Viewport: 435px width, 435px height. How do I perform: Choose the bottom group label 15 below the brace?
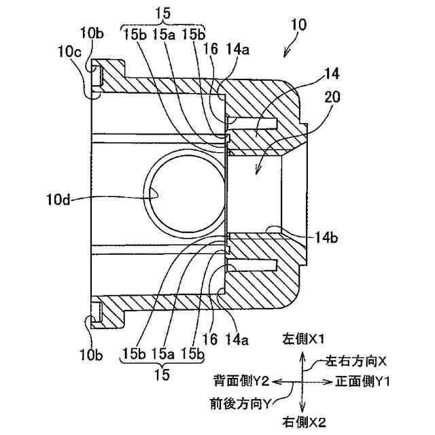tap(161, 374)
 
